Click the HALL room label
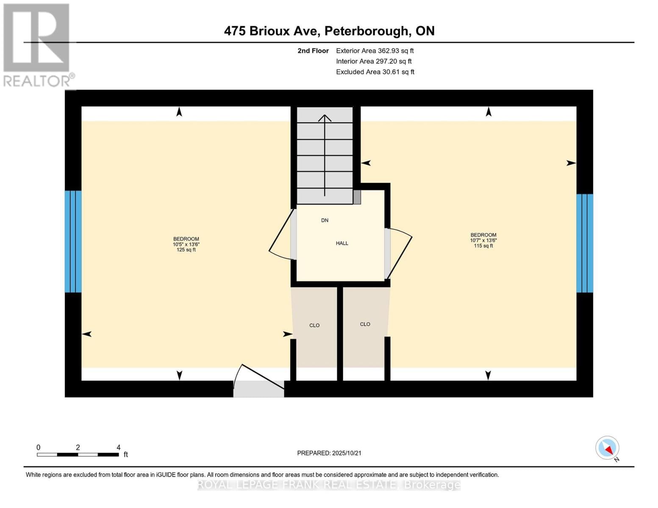click(342, 243)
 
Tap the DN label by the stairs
click(325, 221)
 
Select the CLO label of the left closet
click(314, 326)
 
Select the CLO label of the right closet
click(365, 324)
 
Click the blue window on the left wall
click(73, 241)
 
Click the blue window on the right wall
click(585, 243)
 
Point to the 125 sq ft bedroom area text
click(186, 250)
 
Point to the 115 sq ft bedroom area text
click(483, 246)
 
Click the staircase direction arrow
click(325, 155)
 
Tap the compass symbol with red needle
click(608, 448)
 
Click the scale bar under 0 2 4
click(78, 455)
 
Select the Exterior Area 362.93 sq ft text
click(375, 51)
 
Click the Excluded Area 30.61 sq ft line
click(375, 72)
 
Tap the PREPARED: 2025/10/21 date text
click(329, 453)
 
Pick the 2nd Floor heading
click(313, 51)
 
